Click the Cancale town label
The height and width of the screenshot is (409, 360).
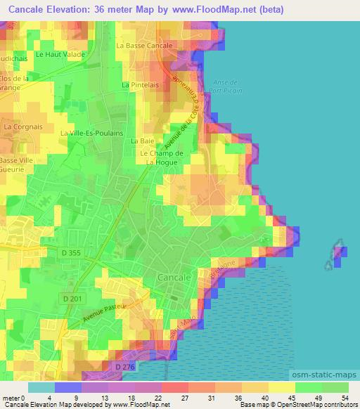(x=175, y=277)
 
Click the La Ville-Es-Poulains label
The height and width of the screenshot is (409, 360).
(x=92, y=133)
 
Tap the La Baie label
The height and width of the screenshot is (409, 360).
(x=138, y=141)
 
